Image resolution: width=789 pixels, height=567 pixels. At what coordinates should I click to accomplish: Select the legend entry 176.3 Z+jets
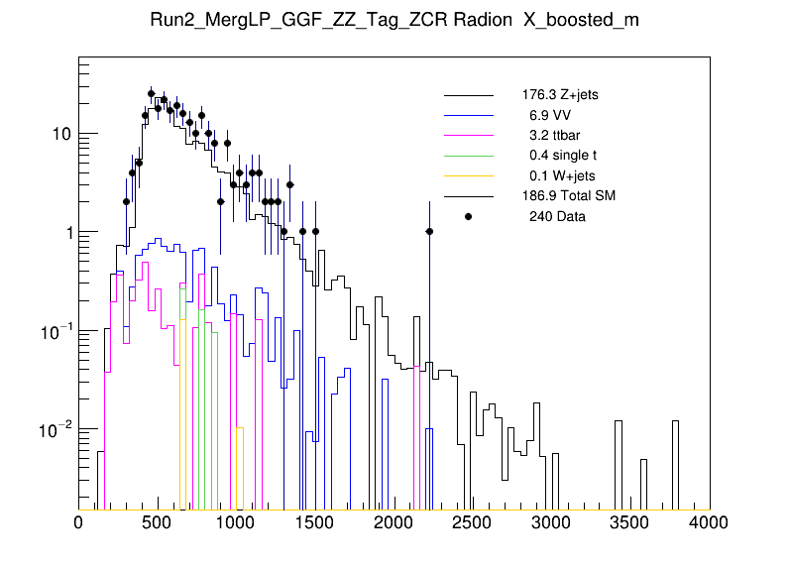pyautogui.click(x=559, y=95)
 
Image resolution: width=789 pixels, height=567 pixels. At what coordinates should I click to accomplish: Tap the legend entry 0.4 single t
pyautogui.click(x=562, y=156)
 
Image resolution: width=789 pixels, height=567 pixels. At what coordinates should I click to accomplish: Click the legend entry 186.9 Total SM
pyautogui.click(x=568, y=195)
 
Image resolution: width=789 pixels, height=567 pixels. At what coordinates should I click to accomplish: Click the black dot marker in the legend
pyautogui.click(x=468, y=216)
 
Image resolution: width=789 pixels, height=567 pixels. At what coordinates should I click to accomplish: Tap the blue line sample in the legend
pyautogui.click(x=468, y=115)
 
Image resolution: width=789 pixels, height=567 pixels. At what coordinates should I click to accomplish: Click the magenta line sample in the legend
pyautogui.click(x=468, y=135)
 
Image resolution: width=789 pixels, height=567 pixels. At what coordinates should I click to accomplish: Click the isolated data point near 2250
pyautogui.click(x=429, y=231)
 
